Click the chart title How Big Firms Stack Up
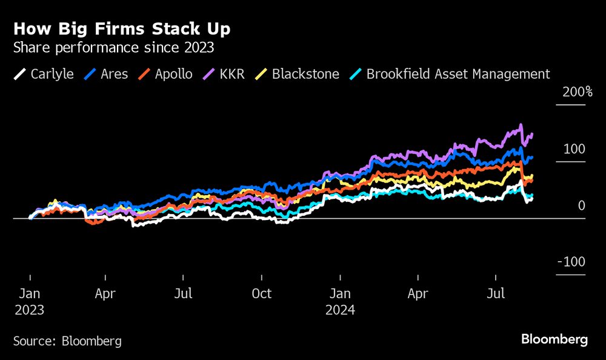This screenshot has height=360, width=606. click(x=122, y=30)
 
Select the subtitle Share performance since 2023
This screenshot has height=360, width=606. click(x=113, y=48)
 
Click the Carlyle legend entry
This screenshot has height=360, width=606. click(x=44, y=75)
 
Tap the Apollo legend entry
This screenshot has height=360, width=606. click(x=165, y=75)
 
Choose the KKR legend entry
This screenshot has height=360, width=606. click(x=224, y=75)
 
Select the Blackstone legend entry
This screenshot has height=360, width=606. click(x=296, y=75)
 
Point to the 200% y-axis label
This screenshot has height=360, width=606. click(x=577, y=92)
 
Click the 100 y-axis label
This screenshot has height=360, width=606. click(x=576, y=149)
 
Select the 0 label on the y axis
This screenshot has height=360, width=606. click(x=582, y=206)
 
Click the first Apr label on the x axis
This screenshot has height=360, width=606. click(x=105, y=294)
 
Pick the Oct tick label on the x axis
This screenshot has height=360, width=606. click(x=262, y=294)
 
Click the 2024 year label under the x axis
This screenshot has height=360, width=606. click(x=341, y=310)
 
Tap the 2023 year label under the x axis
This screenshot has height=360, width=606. click(x=30, y=310)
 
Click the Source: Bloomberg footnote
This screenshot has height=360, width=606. click(x=67, y=341)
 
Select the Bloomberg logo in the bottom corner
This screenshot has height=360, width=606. click(x=554, y=339)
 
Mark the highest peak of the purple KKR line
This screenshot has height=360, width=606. click(x=521, y=125)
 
